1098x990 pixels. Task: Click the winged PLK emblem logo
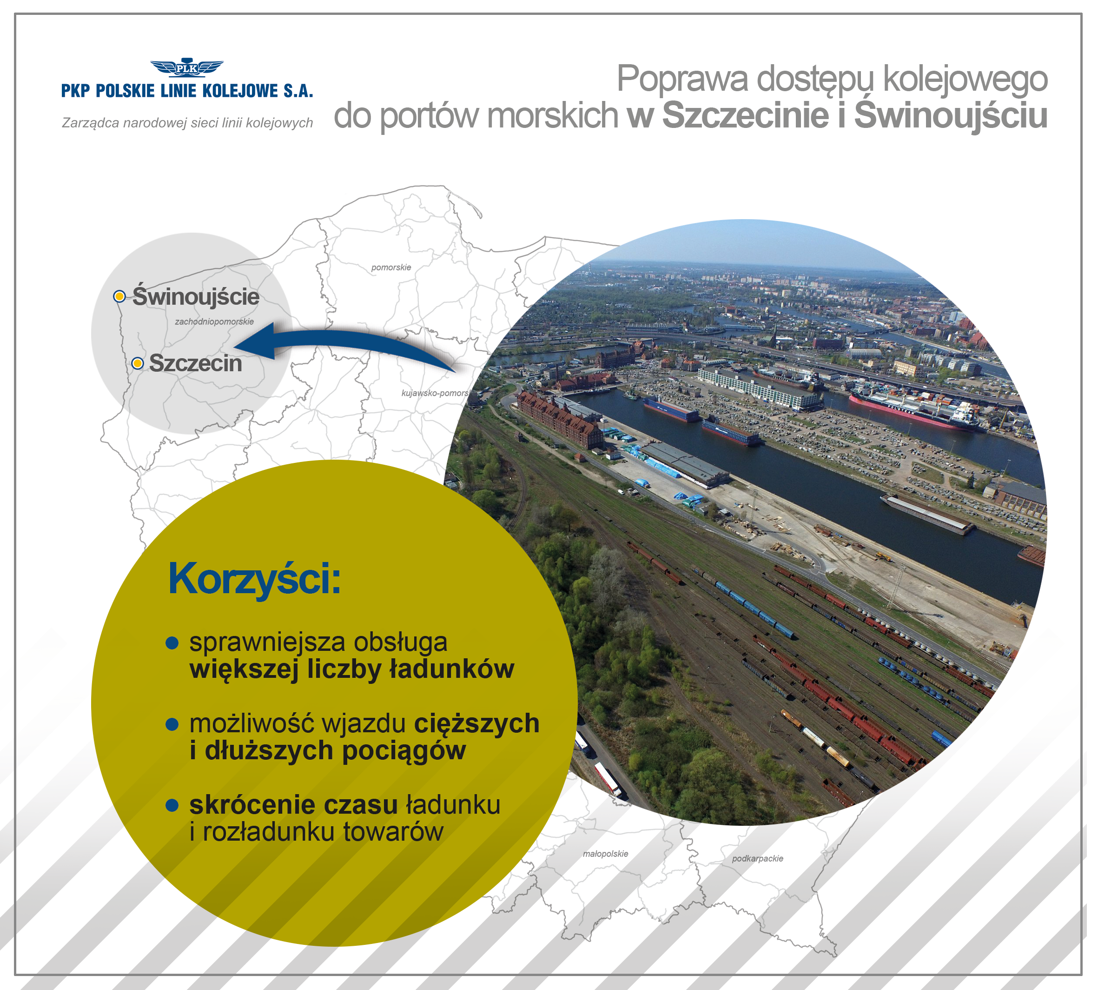pos(186,67)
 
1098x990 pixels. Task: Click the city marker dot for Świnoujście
pos(119,296)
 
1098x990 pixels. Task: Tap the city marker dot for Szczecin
pos(138,363)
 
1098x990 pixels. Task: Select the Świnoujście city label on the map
pos(196,295)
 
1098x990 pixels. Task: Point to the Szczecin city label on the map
pos(196,363)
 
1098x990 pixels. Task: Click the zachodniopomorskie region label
pos(214,321)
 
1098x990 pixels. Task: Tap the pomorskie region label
pos(391,268)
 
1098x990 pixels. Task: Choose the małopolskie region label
pos(606,854)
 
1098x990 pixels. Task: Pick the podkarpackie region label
pos(758,858)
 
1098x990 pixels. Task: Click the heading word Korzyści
pos(254,579)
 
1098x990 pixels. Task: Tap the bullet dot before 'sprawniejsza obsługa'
pos(172,643)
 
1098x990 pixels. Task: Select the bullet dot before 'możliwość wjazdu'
pos(172,724)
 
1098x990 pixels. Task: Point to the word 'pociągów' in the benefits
pos(404,751)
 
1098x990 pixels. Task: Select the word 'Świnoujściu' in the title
pos(951,115)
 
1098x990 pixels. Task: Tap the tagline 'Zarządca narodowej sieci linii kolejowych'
pos(187,123)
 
